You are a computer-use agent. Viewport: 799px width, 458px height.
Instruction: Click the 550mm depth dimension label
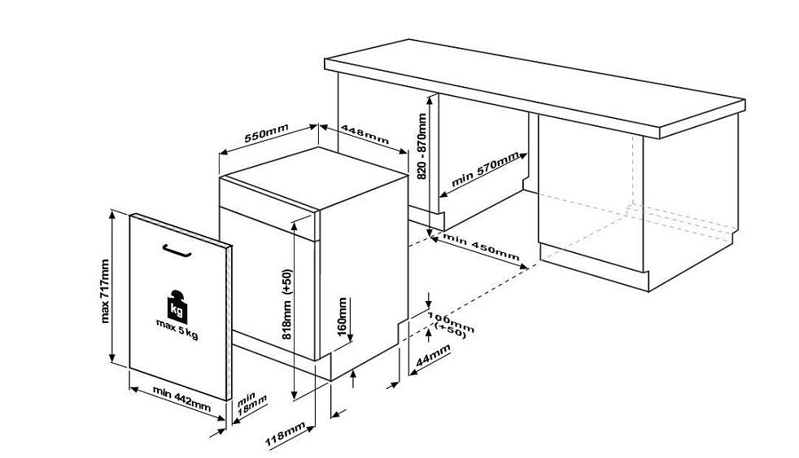pos(267,133)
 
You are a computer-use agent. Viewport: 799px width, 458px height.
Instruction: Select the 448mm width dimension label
pos(365,134)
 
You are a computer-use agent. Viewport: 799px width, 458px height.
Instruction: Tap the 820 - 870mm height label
pos(421,146)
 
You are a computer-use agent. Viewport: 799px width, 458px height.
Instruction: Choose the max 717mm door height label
pos(105,291)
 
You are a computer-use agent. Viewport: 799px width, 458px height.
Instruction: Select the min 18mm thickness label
pos(251,403)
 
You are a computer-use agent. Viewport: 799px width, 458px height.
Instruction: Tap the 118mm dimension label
pos(285,434)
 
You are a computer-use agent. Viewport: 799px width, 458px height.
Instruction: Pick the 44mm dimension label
pos(433,355)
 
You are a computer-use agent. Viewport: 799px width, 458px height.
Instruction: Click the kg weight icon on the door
pos(177,306)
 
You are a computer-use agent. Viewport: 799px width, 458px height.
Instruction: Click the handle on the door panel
pos(177,251)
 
